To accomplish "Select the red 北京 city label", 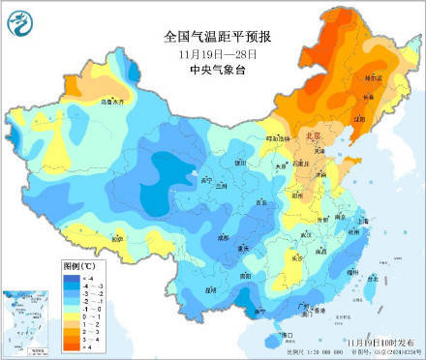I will tap(313, 137).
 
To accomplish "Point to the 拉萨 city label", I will tap(117, 237).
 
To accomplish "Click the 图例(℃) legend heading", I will tap(76, 263).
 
